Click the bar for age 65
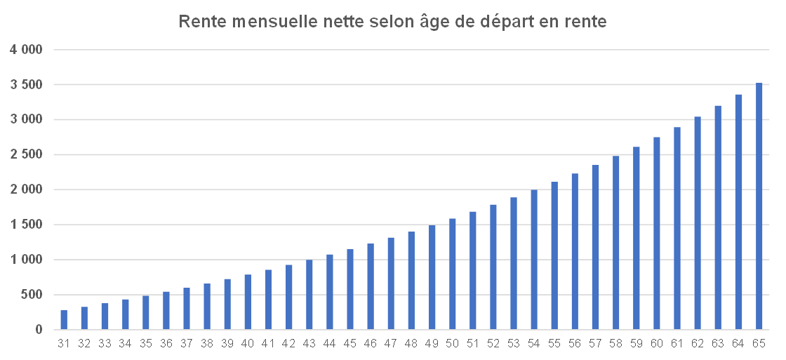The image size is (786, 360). tap(759, 206)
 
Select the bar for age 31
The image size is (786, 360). tap(64, 320)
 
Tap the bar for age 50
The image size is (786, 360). tap(453, 274)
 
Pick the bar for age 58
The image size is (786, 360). tap(616, 242)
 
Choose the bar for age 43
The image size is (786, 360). tap(309, 295)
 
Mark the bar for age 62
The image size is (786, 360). tap(698, 223)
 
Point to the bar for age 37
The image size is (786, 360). tap(187, 309)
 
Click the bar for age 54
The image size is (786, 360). tap(534, 260)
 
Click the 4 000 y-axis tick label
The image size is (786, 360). tap(26, 50)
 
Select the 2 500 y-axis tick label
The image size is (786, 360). tap(26, 155)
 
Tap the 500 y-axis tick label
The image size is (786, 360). tap(32, 295)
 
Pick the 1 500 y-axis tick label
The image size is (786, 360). tap(26, 225)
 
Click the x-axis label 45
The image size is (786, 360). tap(350, 343)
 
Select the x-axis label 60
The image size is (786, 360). tap(657, 343)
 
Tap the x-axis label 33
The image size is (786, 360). tap(105, 343)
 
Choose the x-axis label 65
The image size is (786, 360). tap(759, 343)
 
